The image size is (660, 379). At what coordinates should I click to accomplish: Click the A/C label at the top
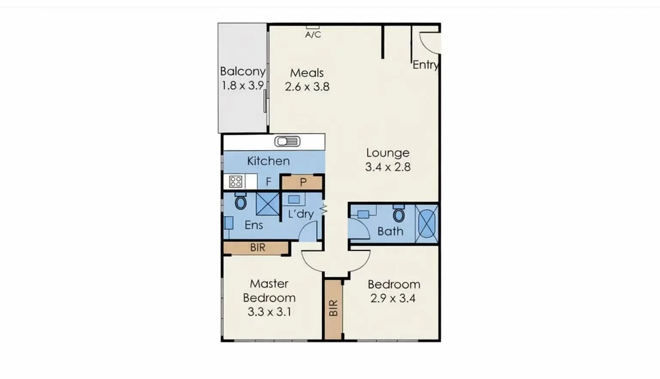click(x=313, y=34)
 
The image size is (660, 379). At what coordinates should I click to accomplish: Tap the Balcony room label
click(x=242, y=71)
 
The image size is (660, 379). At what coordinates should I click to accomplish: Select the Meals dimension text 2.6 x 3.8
click(x=307, y=87)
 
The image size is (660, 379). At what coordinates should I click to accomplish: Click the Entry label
click(x=425, y=65)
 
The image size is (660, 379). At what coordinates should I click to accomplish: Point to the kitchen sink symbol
click(x=287, y=142)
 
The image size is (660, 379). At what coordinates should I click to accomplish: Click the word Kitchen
click(x=268, y=161)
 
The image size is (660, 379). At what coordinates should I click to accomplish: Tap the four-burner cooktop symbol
click(x=235, y=182)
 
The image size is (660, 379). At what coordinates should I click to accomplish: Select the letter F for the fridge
click(x=269, y=182)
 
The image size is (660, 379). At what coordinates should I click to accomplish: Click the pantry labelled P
click(x=302, y=182)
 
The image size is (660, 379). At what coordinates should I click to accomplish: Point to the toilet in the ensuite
click(x=241, y=201)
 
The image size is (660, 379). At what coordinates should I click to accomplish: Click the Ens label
click(x=254, y=225)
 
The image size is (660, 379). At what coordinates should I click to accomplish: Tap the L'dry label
click(x=300, y=214)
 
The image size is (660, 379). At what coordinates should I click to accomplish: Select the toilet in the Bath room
click(x=399, y=214)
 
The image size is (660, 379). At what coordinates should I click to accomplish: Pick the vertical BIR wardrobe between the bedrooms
click(x=333, y=308)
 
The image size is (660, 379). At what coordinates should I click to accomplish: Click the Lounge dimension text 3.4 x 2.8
click(x=388, y=167)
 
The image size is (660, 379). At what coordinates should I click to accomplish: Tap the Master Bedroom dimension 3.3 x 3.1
click(x=269, y=312)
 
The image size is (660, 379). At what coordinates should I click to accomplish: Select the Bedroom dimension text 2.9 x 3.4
click(x=393, y=298)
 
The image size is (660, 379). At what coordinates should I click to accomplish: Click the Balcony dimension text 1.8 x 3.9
click(x=242, y=86)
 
